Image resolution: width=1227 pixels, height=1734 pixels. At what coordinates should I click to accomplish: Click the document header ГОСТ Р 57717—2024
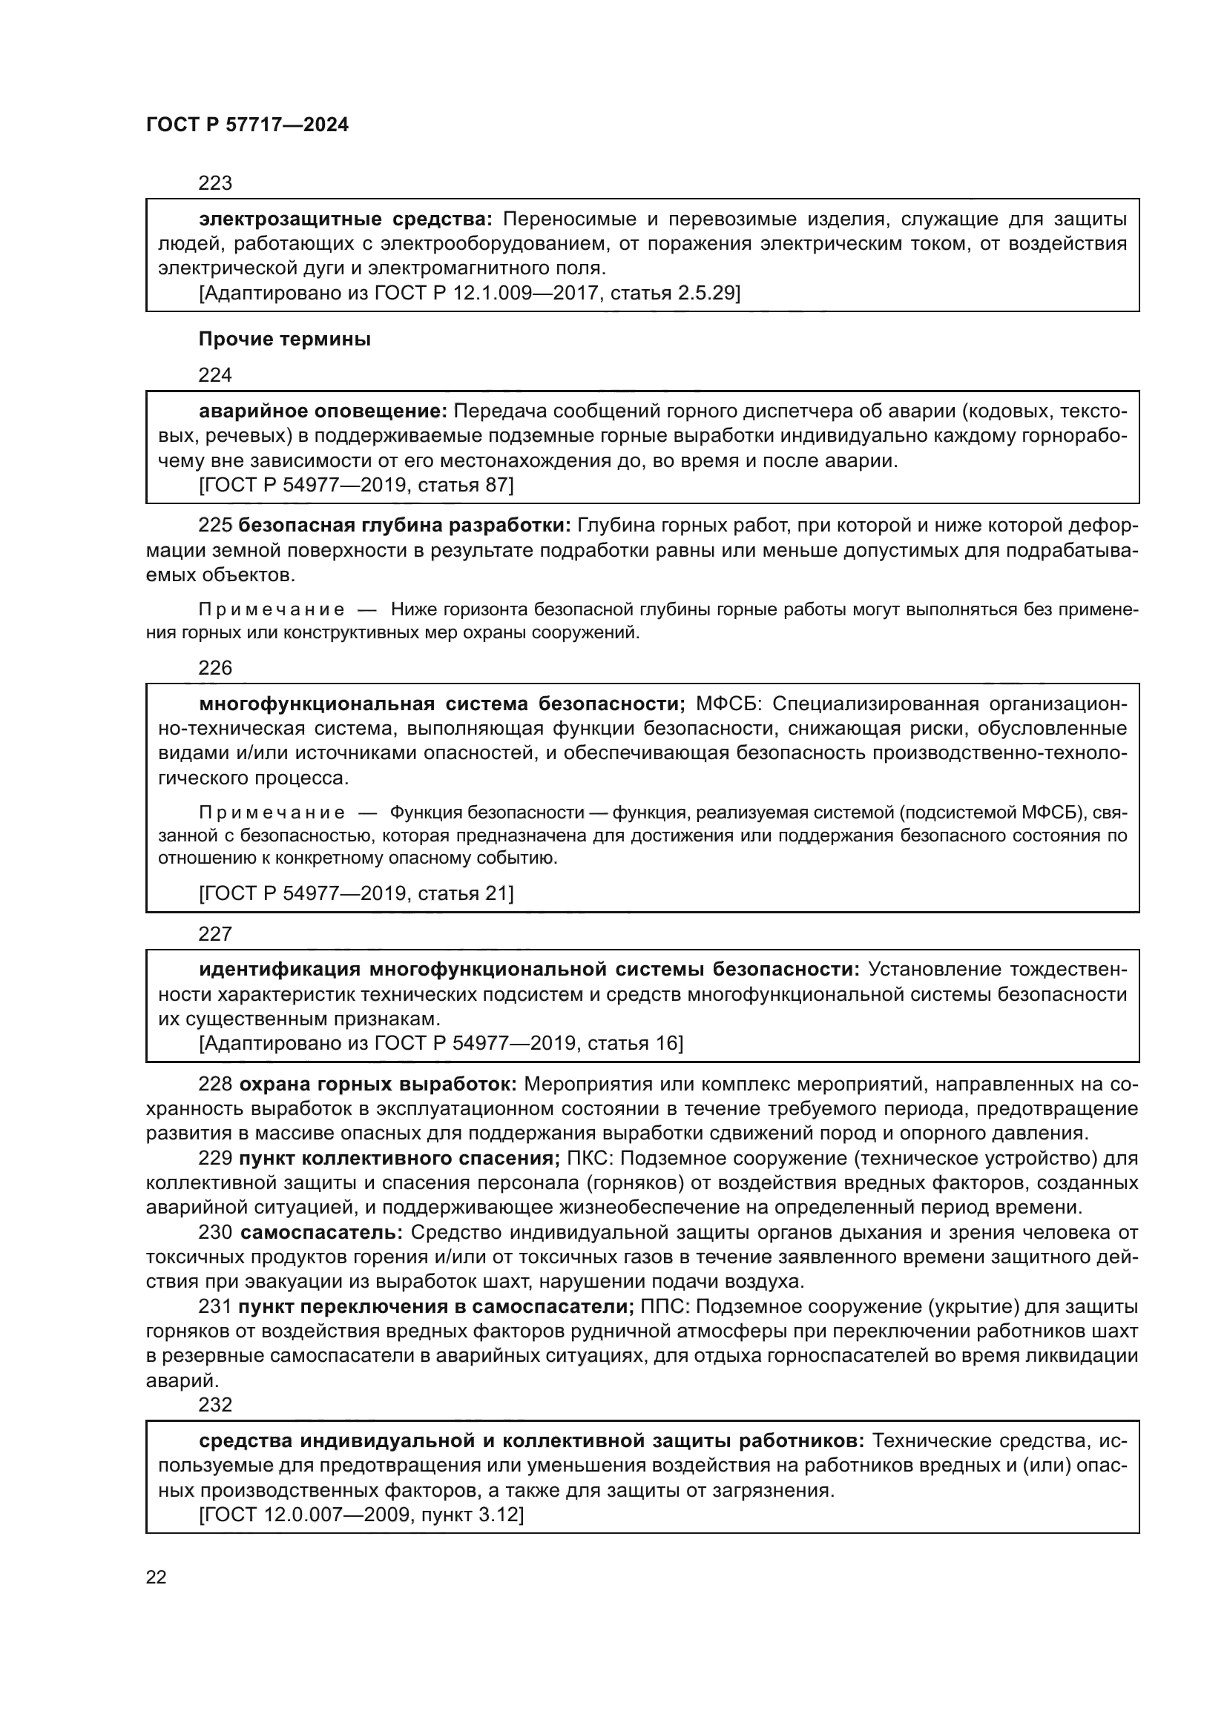247,125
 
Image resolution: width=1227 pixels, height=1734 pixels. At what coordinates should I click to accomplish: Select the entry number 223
214,184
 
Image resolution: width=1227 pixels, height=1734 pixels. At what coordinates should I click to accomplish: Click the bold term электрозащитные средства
345,219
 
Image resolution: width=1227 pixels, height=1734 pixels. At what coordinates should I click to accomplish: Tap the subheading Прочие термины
284,340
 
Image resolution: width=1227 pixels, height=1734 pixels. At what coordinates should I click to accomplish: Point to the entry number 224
214,375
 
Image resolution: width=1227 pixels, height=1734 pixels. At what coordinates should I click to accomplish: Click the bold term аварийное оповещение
323,411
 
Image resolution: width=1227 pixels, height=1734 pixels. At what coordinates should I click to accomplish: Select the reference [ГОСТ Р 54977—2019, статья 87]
356,486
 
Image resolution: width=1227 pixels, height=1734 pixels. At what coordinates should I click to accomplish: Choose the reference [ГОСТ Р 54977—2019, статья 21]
356,894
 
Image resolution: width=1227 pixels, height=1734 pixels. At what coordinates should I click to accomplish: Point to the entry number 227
214,934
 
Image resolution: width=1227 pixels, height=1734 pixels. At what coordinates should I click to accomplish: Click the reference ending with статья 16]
441,1044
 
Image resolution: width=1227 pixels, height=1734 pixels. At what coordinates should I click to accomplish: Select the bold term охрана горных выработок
378,1085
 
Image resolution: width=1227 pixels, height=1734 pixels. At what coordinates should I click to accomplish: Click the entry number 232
214,1405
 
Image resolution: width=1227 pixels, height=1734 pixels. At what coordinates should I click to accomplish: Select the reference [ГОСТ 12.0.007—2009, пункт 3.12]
361,1515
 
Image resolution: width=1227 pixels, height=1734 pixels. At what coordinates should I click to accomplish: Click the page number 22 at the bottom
157,1577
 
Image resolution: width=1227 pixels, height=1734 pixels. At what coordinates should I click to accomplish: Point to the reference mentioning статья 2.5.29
469,293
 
